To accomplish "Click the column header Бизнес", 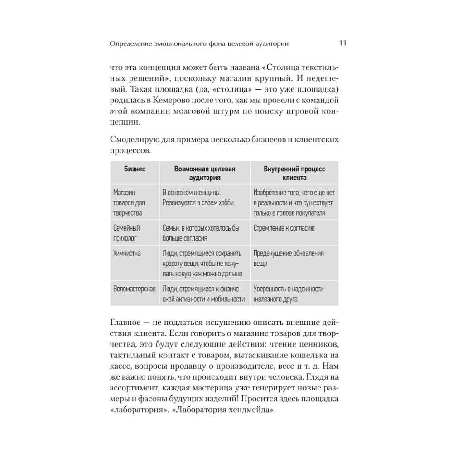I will (135, 169).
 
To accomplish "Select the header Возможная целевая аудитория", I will (205, 173).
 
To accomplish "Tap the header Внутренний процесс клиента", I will (294, 173).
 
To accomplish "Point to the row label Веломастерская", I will (135, 289).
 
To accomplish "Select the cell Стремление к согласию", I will (284, 228).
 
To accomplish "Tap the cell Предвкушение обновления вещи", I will (289, 258).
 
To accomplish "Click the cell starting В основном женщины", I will (198, 198).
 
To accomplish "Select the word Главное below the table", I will (128, 322).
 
